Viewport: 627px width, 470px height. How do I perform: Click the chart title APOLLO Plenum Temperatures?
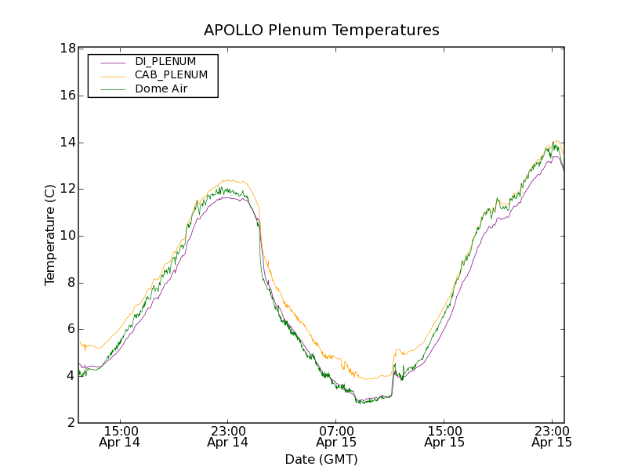pos(321,31)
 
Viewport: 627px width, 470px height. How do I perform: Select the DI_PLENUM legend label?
pos(165,61)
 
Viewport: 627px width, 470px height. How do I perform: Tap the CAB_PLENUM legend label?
pos(171,75)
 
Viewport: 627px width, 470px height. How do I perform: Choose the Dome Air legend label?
pos(161,89)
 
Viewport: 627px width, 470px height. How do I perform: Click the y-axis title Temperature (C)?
pos(50,235)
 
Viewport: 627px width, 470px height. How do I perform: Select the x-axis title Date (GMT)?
pos(321,459)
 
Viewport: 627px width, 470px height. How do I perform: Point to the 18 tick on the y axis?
pos(67,49)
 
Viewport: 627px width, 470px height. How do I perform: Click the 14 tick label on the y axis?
pos(67,143)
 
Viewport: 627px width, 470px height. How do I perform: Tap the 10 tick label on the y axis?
pos(67,236)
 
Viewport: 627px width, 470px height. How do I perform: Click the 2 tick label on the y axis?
pos(71,423)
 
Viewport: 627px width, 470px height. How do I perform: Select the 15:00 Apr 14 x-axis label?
pos(121,436)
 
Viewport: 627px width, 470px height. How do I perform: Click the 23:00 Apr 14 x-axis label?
pos(228,436)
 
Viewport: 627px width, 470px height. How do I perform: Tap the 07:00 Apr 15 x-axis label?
pos(336,436)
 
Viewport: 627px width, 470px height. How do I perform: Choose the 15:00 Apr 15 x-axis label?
pos(444,436)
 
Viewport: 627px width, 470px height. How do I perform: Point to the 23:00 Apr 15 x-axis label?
pos(552,436)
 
